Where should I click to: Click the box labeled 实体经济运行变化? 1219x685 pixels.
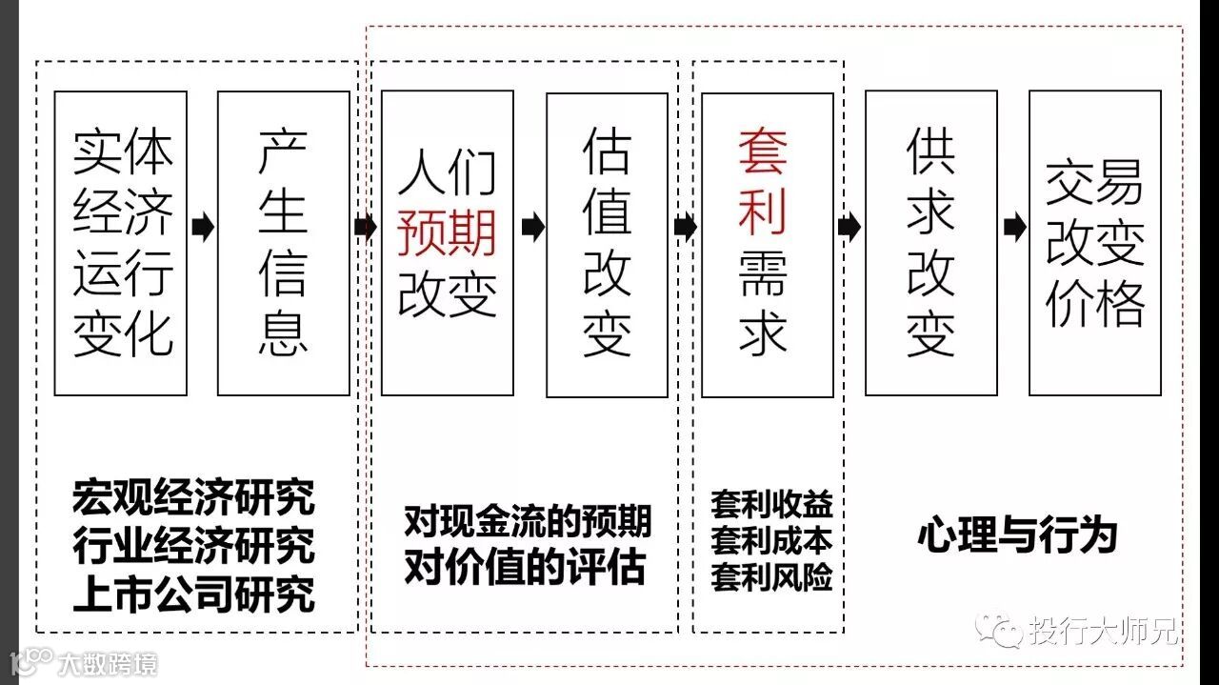coord(120,243)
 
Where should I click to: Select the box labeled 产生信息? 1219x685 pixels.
coord(284,243)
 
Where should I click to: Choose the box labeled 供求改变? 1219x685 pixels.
coord(930,243)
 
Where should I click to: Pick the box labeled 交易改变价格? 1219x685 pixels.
coord(1095,243)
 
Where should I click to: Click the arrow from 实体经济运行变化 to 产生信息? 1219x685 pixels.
coord(202,228)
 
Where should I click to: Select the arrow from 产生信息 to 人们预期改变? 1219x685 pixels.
coord(366,228)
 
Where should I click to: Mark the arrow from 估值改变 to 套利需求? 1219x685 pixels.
coord(685,228)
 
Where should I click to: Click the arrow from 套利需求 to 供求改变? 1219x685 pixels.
coord(849,228)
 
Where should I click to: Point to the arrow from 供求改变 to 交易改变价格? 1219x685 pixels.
coord(1014,228)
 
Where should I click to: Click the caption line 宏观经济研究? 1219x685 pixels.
coord(193,497)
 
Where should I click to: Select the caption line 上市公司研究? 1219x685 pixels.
coord(193,594)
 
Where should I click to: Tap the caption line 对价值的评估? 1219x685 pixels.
coord(525,568)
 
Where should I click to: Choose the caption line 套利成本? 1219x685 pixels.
coord(771,541)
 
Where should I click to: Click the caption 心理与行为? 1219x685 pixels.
coord(1017,536)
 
